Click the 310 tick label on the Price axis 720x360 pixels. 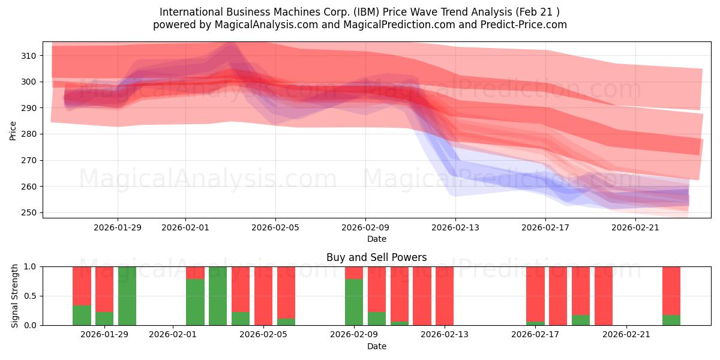click(x=29, y=55)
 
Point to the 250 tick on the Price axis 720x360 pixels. click(x=29, y=212)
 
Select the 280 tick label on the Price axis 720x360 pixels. click(x=29, y=134)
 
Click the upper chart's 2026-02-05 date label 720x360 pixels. click(x=275, y=227)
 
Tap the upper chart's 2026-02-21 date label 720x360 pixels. click(x=635, y=227)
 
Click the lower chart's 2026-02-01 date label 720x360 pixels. click(x=173, y=335)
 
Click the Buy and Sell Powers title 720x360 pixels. click(x=376, y=257)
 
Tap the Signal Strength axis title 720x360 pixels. click(x=15, y=296)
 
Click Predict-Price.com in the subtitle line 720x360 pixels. click(x=520, y=25)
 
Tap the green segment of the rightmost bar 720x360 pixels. click(x=671, y=320)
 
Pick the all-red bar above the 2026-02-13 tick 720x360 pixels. click(x=445, y=296)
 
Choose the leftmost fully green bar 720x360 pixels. click(x=127, y=296)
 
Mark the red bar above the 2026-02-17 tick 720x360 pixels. click(x=535, y=294)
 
